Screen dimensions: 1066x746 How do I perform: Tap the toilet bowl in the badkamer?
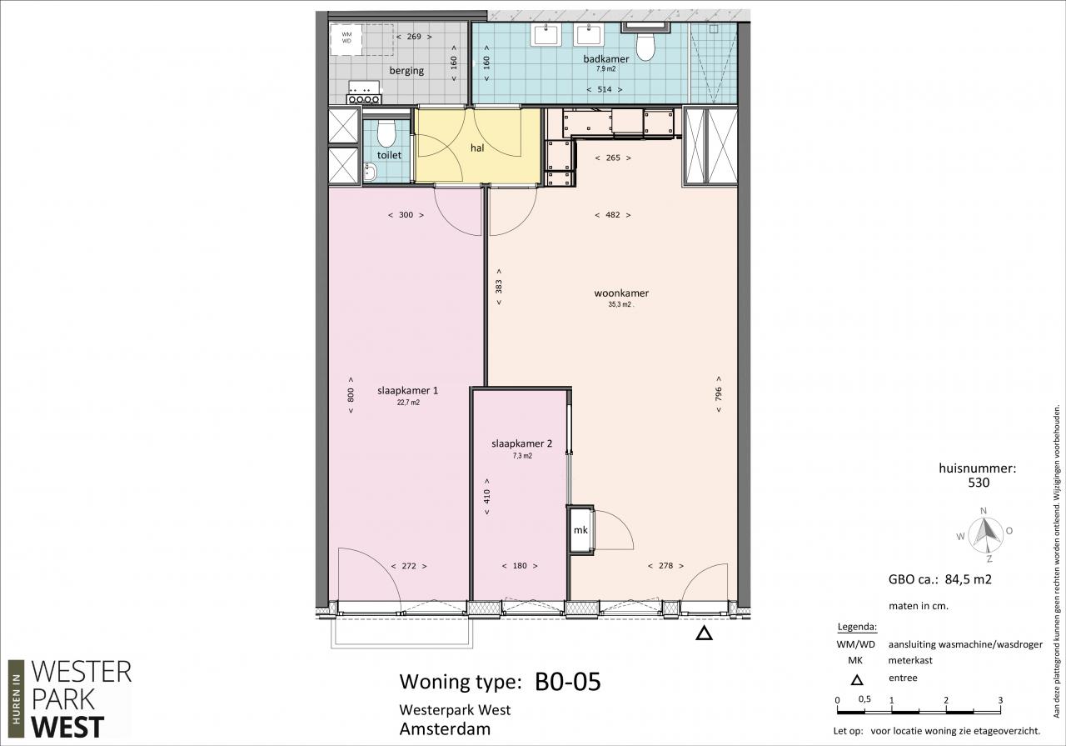tap(645, 46)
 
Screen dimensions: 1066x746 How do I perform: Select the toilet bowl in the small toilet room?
tap(386, 133)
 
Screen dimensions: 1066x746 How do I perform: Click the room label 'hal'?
tap(477, 148)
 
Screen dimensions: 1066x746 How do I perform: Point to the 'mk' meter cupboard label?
tap(580, 530)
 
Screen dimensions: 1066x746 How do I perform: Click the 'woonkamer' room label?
tap(621, 293)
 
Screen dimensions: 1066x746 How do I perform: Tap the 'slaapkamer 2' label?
tap(521, 443)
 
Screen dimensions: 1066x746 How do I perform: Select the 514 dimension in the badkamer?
tap(605, 89)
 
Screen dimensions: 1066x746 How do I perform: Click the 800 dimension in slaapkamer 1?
tap(351, 395)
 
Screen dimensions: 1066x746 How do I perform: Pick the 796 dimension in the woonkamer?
tap(719, 393)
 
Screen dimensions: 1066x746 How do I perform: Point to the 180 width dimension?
tap(520, 565)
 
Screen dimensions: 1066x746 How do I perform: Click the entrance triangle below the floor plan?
tap(704, 633)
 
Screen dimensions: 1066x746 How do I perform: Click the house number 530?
tap(979, 483)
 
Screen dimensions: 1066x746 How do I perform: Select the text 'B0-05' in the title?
tap(568, 681)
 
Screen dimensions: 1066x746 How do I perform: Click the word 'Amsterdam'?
tap(445, 728)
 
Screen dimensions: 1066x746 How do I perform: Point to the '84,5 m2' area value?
tap(968, 579)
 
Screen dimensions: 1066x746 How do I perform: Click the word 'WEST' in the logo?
tap(67, 727)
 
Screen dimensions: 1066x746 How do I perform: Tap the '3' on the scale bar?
tap(1000, 700)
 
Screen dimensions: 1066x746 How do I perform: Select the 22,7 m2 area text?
tap(408, 403)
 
